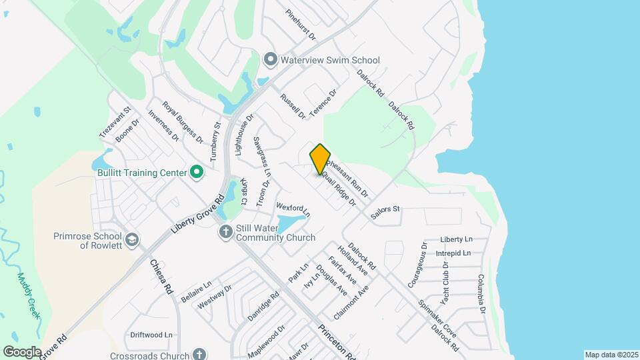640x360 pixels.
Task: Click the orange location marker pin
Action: tap(320, 159)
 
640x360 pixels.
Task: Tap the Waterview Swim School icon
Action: tap(270, 60)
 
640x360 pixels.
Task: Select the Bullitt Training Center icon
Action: tap(197, 173)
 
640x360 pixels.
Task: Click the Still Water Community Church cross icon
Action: tap(226, 232)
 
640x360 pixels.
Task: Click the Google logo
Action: tap(23, 351)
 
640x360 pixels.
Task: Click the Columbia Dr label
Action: tap(481, 294)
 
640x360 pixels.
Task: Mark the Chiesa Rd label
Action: tap(161, 277)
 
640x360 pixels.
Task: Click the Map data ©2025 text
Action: tap(610, 355)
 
